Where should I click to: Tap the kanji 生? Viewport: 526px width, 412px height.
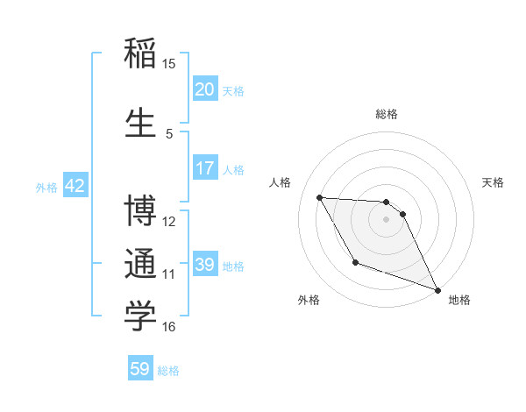coord(140,124)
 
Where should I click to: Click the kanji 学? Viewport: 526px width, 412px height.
coord(140,317)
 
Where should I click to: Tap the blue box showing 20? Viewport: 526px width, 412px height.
coord(205,89)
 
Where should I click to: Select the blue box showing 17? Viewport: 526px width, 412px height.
coord(205,168)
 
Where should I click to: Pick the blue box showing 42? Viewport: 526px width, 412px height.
coord(75,186)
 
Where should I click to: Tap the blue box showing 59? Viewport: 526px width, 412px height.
coord(140,370)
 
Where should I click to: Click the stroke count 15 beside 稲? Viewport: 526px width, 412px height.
coord(169,63)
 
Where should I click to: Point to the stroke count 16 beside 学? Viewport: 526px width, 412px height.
coord(169,327)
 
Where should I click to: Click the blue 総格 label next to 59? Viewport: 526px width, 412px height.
coord(168,371)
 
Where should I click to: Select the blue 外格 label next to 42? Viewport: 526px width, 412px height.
coord(46,187)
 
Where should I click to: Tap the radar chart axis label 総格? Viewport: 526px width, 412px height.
coord(387,114)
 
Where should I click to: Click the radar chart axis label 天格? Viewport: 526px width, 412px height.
coord(494,182)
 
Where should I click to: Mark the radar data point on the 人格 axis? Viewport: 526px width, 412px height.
coord(319,197)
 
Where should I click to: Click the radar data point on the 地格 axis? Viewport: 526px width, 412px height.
coord(438,290)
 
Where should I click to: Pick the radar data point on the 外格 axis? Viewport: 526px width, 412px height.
coord(355,262)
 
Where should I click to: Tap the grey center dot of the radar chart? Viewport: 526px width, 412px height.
coord(387,219)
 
